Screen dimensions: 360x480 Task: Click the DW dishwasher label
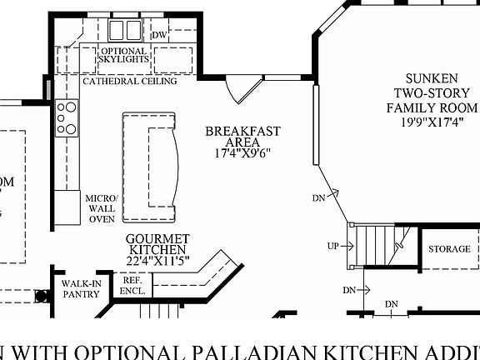click(160, 35)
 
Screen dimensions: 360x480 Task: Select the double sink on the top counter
click(127, 31)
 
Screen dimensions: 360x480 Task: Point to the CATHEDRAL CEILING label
click(129, 82)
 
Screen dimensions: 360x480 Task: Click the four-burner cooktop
click(66, 117)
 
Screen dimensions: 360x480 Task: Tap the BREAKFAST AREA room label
click(242, 136)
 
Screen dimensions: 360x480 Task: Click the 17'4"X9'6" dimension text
click(242, 153)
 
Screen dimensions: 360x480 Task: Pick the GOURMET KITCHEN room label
click(157, 243)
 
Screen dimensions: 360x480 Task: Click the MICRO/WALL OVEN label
click(101, 208)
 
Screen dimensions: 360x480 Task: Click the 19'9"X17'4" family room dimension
click(432, 122)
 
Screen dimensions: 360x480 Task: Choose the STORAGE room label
click(449, 249)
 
